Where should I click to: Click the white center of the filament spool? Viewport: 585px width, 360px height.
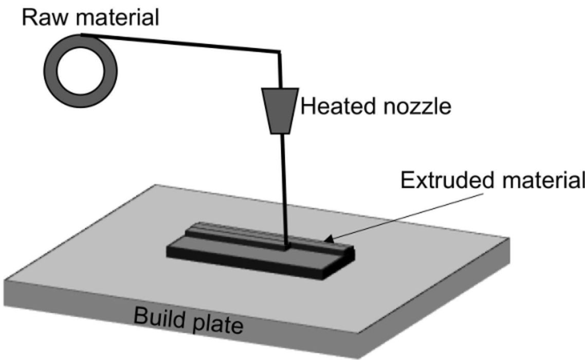tap(81, 70)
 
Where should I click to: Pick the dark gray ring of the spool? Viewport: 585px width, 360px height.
tap(50, 70)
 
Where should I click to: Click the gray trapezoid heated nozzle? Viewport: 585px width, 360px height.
tap(280, 111)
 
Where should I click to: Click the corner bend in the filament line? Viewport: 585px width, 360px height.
tap(280, 51)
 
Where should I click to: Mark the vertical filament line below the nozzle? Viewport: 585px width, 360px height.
tap(284, 192)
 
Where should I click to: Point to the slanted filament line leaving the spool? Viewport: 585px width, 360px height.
tap(180, 43)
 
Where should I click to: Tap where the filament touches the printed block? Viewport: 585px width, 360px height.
tap(286, 247)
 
